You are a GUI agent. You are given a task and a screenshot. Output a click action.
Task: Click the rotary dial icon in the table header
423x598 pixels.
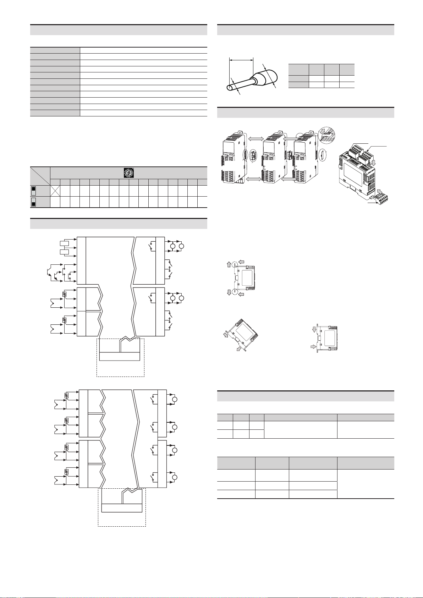(x=128, y=173)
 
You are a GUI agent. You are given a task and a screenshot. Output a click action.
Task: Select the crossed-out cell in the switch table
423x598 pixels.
(x=55, y=191)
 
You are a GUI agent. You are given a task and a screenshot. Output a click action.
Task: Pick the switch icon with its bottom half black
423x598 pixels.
(x=33, y=203)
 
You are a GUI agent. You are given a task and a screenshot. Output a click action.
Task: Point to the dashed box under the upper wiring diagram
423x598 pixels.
(x=120, y=357)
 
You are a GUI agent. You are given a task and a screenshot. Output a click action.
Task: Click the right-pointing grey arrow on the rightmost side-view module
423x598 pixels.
(x=312, y=345)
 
